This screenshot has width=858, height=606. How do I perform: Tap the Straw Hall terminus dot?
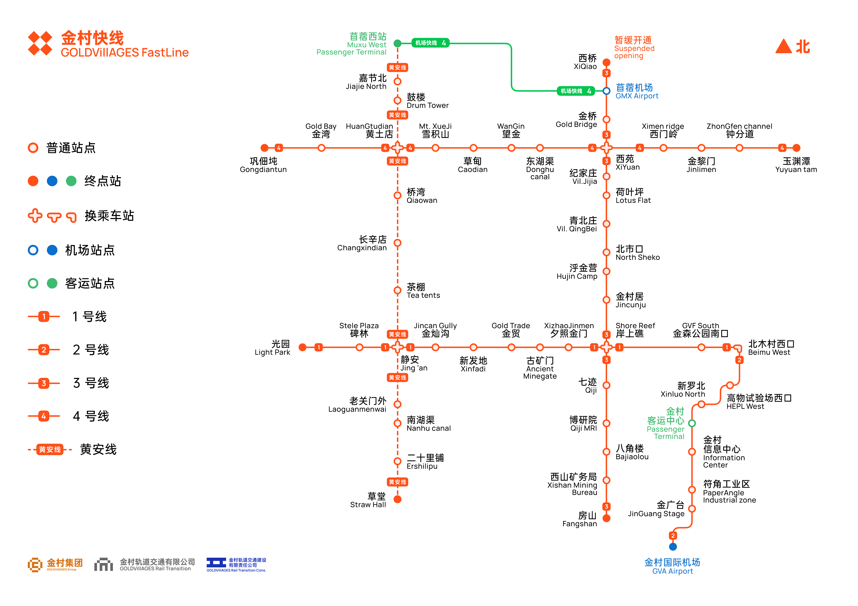398,499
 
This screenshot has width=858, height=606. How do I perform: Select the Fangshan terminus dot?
606,518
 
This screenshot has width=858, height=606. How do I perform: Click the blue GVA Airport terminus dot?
673,547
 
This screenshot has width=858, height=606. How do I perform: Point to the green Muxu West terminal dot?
398,43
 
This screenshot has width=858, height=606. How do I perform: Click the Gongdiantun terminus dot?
265,148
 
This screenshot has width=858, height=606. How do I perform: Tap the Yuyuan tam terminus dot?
796,148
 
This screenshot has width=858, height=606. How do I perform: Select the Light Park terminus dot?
303,347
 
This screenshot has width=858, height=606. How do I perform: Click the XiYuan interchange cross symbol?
606,148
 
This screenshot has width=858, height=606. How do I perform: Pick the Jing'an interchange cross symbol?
398,347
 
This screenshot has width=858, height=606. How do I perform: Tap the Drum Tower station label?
427,101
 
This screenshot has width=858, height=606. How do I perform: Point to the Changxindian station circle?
398,243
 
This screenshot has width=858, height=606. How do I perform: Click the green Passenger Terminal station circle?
692,423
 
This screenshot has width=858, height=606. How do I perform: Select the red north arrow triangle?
784,47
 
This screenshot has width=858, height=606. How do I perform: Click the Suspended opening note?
634,48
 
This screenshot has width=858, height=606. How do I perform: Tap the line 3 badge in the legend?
44,383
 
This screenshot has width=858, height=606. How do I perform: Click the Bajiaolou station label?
632,452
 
